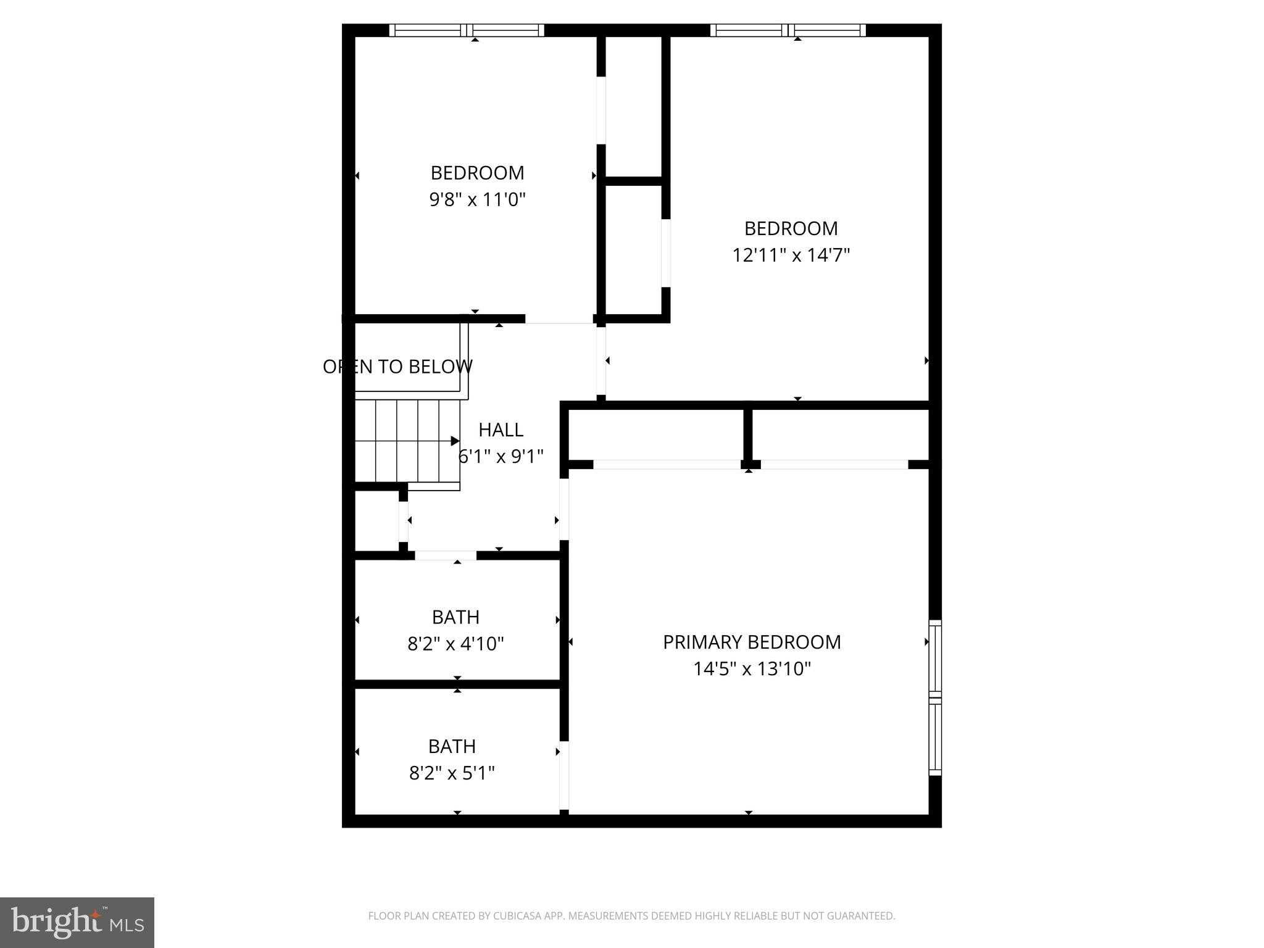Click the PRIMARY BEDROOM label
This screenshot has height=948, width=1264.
(x=751, y=642)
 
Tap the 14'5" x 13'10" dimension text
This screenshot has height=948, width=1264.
(x=751, y=669)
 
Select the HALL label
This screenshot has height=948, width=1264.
(x=501, y=430)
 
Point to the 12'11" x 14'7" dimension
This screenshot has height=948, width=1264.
(x=791, y=256)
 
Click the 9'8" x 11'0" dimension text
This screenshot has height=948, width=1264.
(x=477, y=200)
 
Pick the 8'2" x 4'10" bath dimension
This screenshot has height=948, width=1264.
(x=455, y=644)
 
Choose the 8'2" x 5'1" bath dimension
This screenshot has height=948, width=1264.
(x=452, y=773)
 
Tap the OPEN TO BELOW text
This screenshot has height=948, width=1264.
(x=397, y=367)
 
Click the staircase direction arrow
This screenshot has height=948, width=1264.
(x=455, y=441)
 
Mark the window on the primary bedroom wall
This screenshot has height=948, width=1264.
(x=935, y=697)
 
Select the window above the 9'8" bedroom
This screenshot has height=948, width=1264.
(x=467, y=30)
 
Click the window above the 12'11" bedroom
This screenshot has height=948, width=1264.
(x=788, y=30)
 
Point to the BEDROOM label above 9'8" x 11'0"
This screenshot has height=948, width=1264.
(x=477, y=173)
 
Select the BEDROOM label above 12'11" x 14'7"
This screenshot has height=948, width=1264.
(x=791, y=229)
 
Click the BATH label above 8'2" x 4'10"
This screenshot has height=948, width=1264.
(x=455, y=617)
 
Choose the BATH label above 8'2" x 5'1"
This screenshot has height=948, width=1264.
(x=452, y=746)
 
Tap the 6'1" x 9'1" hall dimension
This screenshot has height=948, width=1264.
(x=501, y=457)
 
